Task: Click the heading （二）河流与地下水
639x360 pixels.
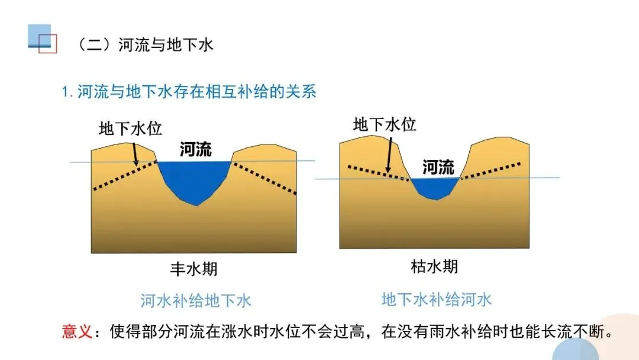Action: pos(145,45)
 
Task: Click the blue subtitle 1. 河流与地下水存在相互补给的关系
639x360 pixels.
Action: pos(189,92)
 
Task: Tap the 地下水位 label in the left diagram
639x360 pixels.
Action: pos(130,128)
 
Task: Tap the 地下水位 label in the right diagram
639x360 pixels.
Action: pos(385,124)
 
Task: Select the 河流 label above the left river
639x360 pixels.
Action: pos(195,149)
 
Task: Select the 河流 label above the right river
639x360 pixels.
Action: pos(438,168)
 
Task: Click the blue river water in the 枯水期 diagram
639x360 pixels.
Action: pos(435,188)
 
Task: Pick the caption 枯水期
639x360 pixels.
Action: pos(434,266)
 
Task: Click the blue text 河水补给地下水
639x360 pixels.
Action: pos(196,301)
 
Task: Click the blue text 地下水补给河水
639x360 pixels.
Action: pos(437,299)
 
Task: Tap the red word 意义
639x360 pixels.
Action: pos(76,331)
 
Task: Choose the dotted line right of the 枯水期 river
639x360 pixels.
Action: pos(491,170)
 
